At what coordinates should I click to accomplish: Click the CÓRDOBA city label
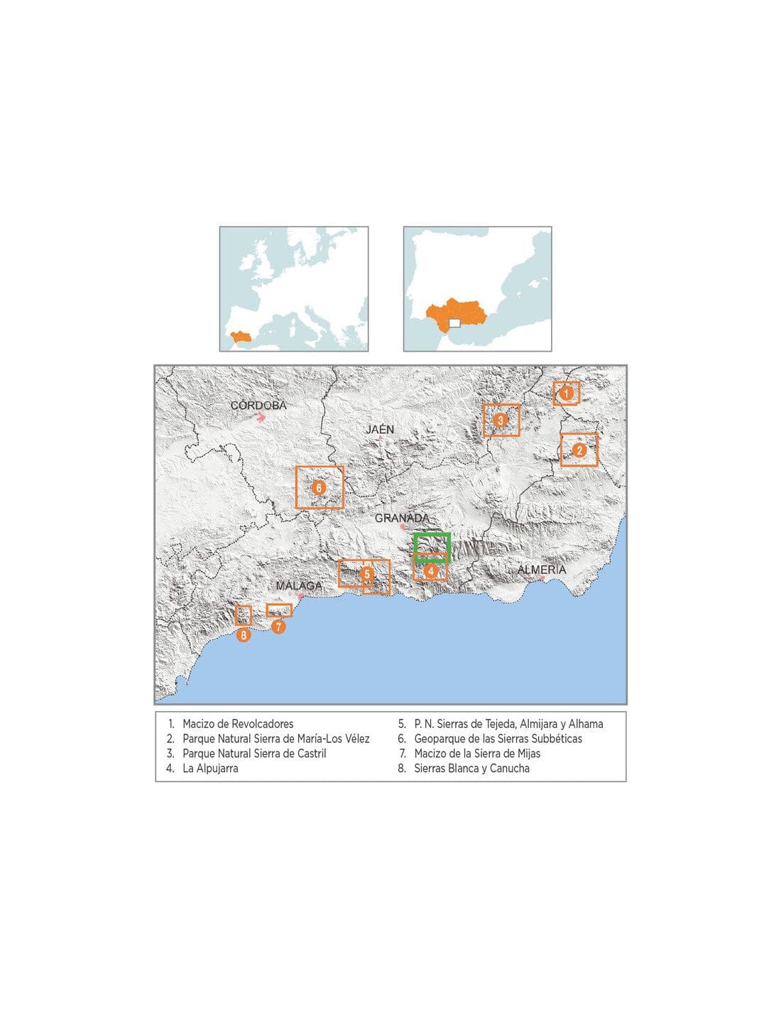coord(258,406)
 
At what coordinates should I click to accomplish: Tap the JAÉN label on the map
coord(380,430)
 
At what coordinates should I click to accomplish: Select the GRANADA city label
coord(402,518)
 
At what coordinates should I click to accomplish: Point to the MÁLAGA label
coord(298,586)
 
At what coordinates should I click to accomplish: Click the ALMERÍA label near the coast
coord(542,570)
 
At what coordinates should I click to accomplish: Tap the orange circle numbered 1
coord(567,392)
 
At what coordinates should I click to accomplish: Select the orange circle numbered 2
coord(579,450)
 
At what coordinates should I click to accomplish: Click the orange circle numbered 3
coord(501,420)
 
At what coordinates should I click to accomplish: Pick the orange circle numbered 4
coord(430,570)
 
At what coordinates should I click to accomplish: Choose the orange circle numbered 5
coord(366,573)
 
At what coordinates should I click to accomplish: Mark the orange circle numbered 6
coord(319,488)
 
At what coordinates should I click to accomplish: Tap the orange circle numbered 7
coord(278,626)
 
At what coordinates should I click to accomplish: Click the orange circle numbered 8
coord(244,635)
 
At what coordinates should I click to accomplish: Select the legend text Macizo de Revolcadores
coord(238,724)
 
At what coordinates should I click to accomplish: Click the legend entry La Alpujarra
coord(210,769)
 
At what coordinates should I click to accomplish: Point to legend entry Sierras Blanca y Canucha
coord(471,769)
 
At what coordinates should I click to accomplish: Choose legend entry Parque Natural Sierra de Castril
coord(254,754)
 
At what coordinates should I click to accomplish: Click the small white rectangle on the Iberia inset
coord(455,324)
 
